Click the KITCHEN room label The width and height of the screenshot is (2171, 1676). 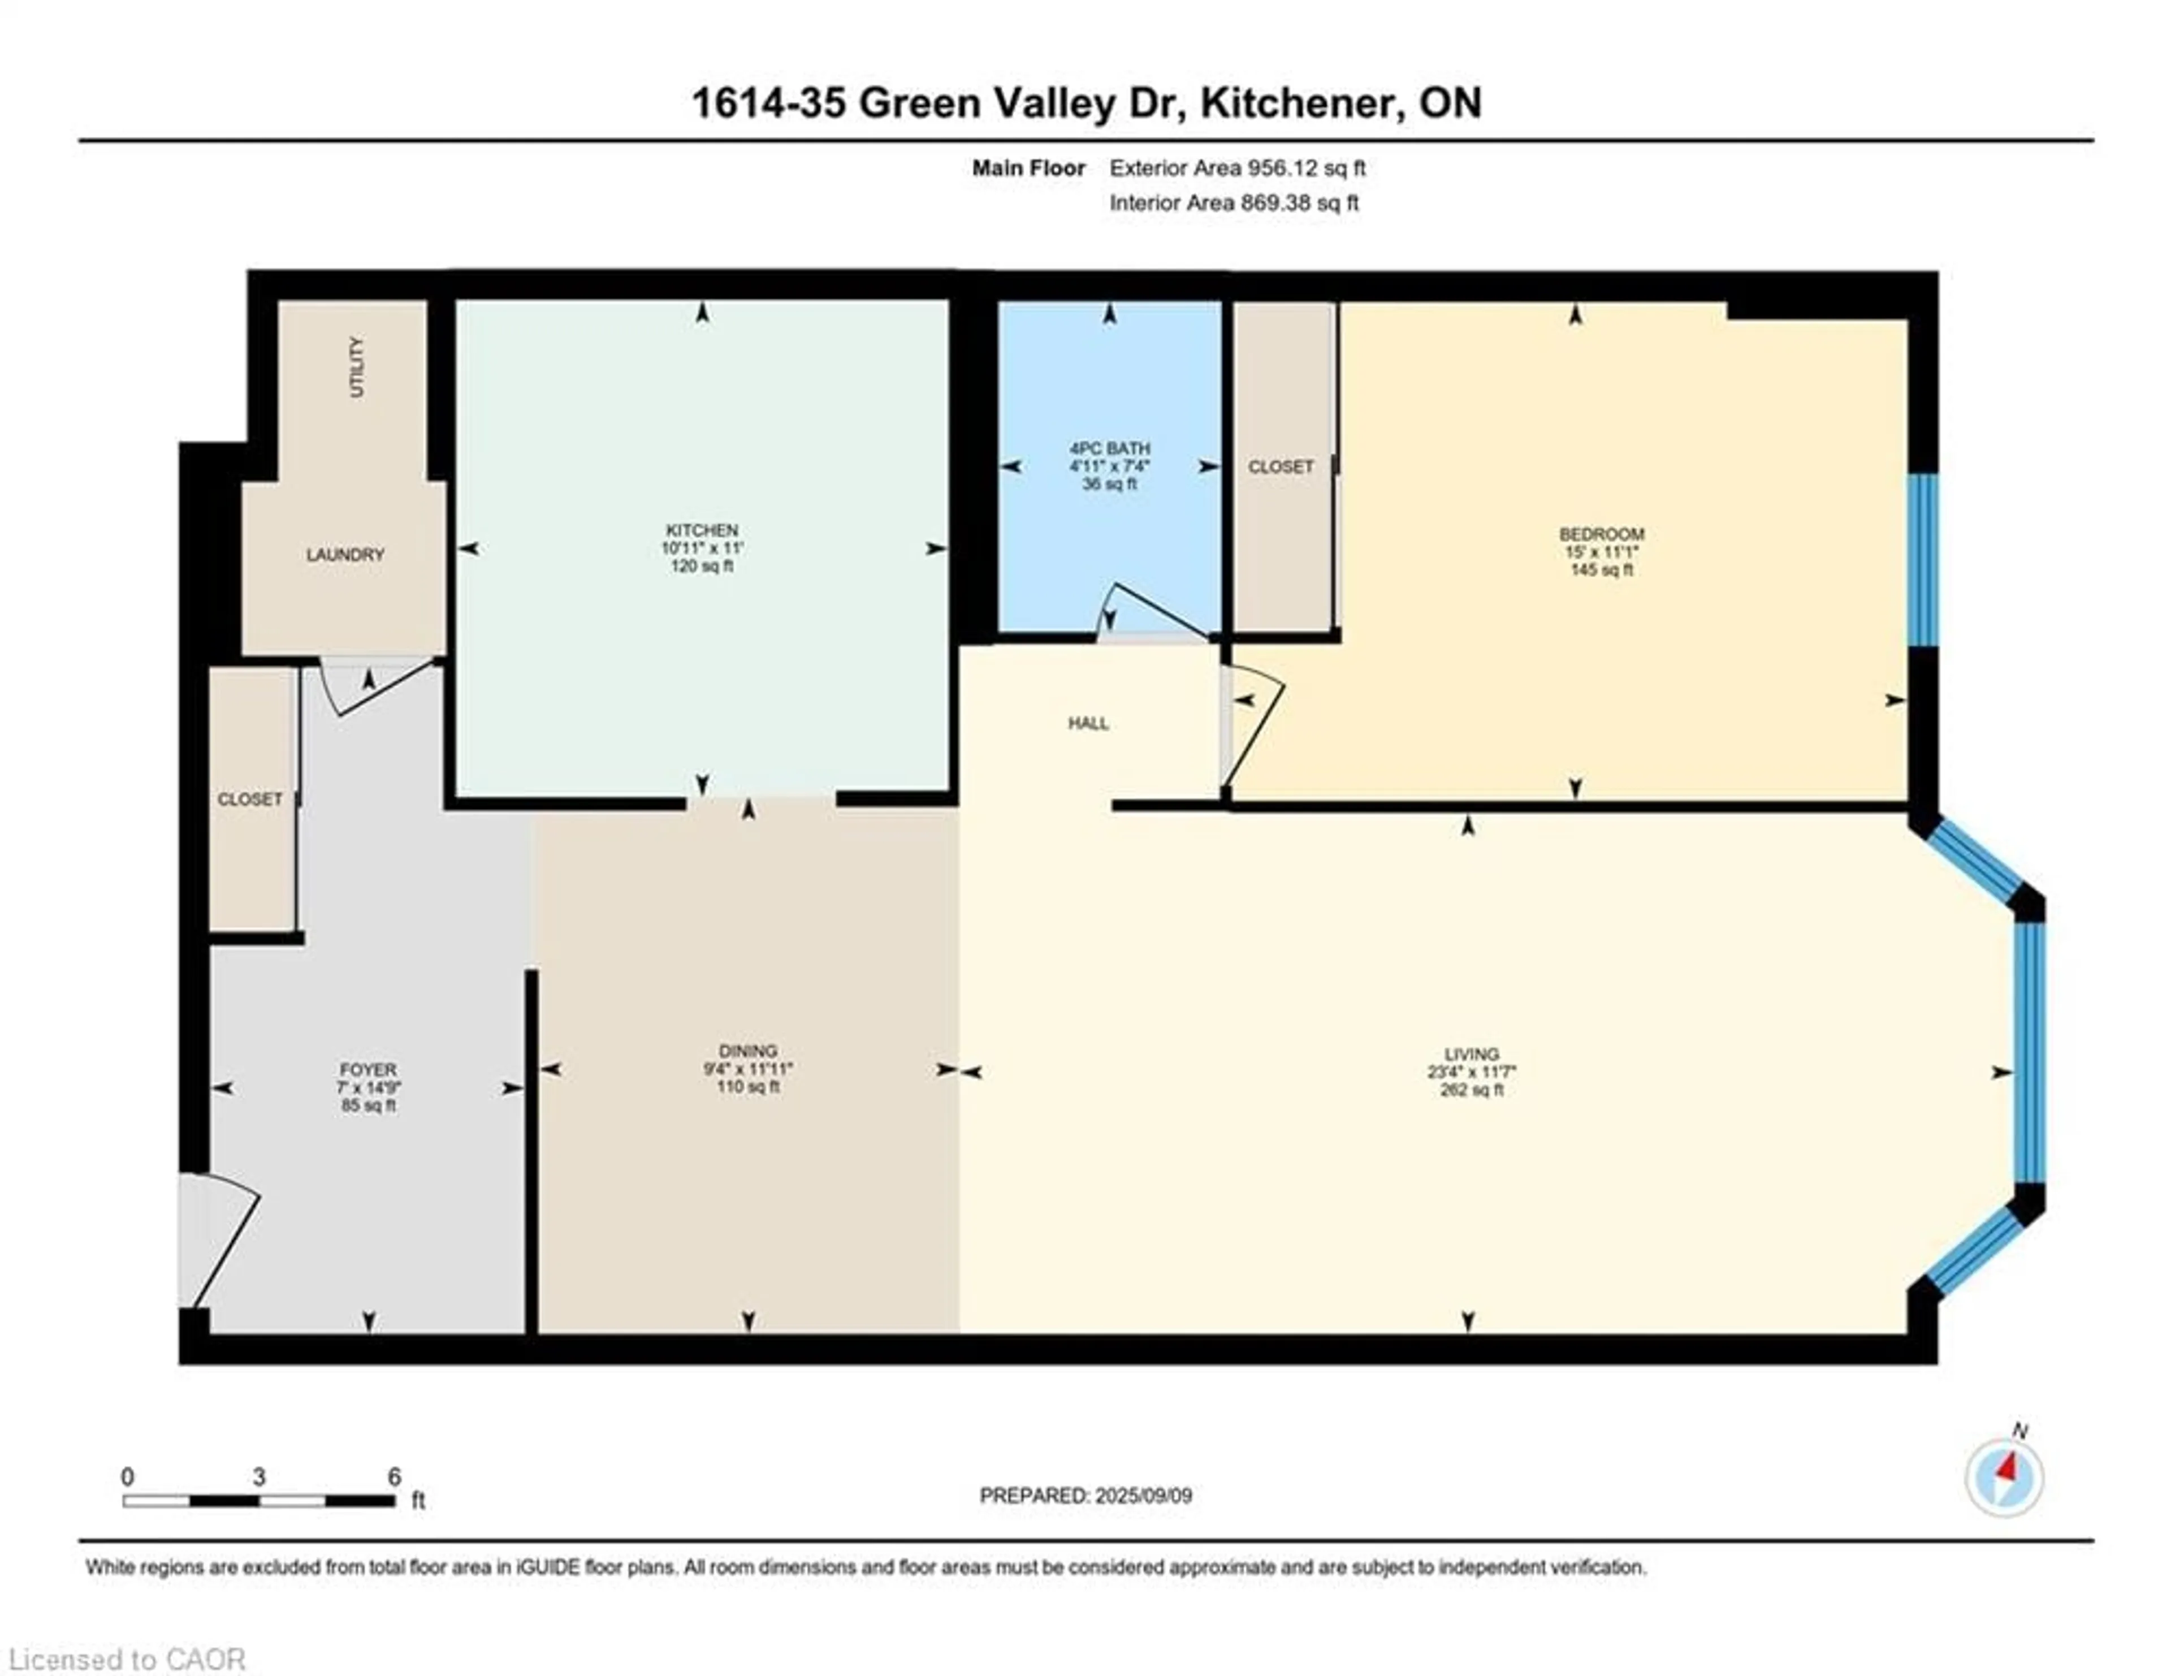pyautogui.click(x=702, y=530)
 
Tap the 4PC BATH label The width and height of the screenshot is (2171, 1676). pyautogui.click(x=1109, y=448)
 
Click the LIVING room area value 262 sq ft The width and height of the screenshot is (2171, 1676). pyautogui.click(x=1471, y=1091)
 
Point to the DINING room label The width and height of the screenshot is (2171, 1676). pyautogui.click(x=747, y=1051)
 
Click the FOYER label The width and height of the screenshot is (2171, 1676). pyautogui.click(x=368, y=1070)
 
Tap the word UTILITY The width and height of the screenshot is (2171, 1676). pyautogui.click(x=357, y=367)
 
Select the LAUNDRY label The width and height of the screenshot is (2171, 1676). pyautogui.click(x=345, y=555)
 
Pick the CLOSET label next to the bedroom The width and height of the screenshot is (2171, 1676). pyautogui.click(x=1281, y=466)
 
